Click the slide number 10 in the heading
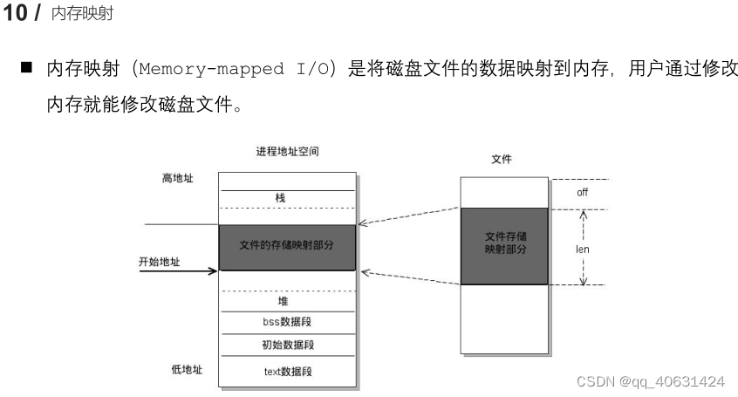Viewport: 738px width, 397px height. [x=17, y=15]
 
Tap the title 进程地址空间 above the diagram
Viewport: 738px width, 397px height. [x=288, y=153]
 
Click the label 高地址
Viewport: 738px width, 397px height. [x=178, y=178]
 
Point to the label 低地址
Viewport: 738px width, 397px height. [x=186, y=369]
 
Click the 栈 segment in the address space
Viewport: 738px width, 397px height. [x=280, y=198]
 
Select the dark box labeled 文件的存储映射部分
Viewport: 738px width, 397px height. [x=287, y=246]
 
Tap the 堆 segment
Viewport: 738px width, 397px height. [x=283, y=301]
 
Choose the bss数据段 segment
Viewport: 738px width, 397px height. [x=287, y=322]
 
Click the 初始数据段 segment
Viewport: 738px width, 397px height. [x=287, y=345]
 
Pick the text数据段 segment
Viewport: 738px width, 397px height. [x=287, y=372]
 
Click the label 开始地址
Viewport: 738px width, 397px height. [x=160, y=261]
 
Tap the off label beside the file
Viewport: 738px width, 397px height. [x=583, y=192]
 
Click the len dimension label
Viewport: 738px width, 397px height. [x=583, y=249]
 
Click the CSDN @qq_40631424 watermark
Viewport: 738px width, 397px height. [x=652, y=381]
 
